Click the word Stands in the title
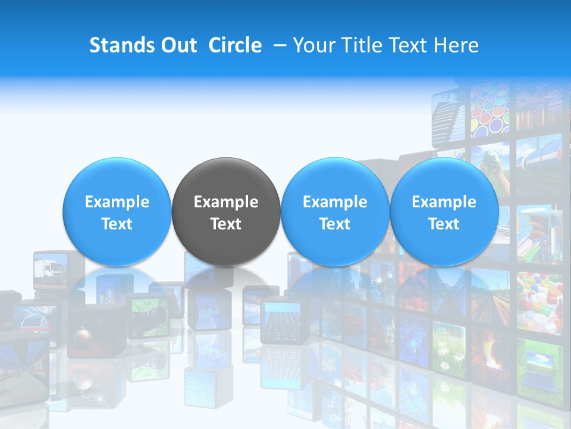117,46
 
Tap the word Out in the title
177,46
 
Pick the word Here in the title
456,46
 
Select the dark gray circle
226,212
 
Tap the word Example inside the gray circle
226,202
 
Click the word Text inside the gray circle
226,224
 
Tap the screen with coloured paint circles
491,113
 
